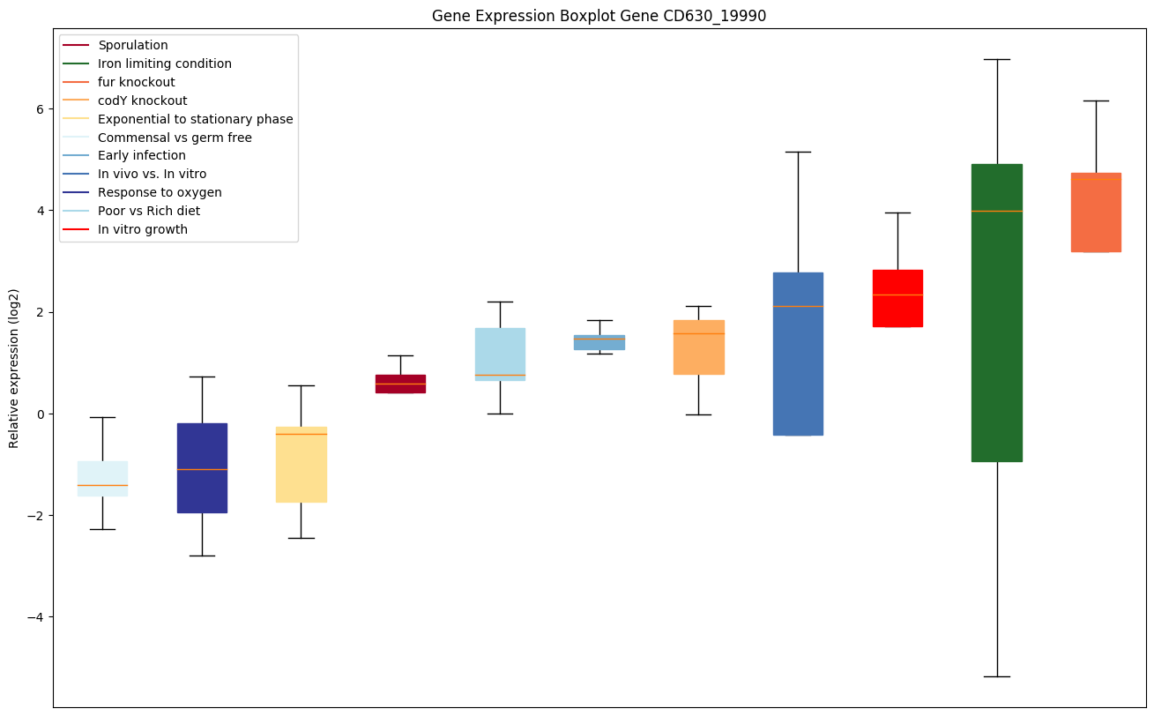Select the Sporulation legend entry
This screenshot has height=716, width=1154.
133,45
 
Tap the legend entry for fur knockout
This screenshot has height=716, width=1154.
137,82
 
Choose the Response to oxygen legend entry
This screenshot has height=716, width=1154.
160,192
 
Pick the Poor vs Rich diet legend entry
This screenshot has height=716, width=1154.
149,211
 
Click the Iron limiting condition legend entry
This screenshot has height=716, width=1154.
165,63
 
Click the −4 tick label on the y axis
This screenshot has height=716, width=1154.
36,617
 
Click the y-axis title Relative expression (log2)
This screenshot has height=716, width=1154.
14,368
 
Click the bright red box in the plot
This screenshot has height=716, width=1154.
897,298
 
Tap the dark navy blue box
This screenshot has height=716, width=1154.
202,467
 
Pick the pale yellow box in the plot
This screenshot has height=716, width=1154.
302,465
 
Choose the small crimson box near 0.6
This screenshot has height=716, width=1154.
400,384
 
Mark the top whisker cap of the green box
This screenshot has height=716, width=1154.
997,59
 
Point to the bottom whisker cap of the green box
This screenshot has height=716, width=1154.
997,676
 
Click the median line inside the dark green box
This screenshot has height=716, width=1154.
997,211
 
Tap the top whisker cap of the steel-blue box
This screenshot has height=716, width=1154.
798,152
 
